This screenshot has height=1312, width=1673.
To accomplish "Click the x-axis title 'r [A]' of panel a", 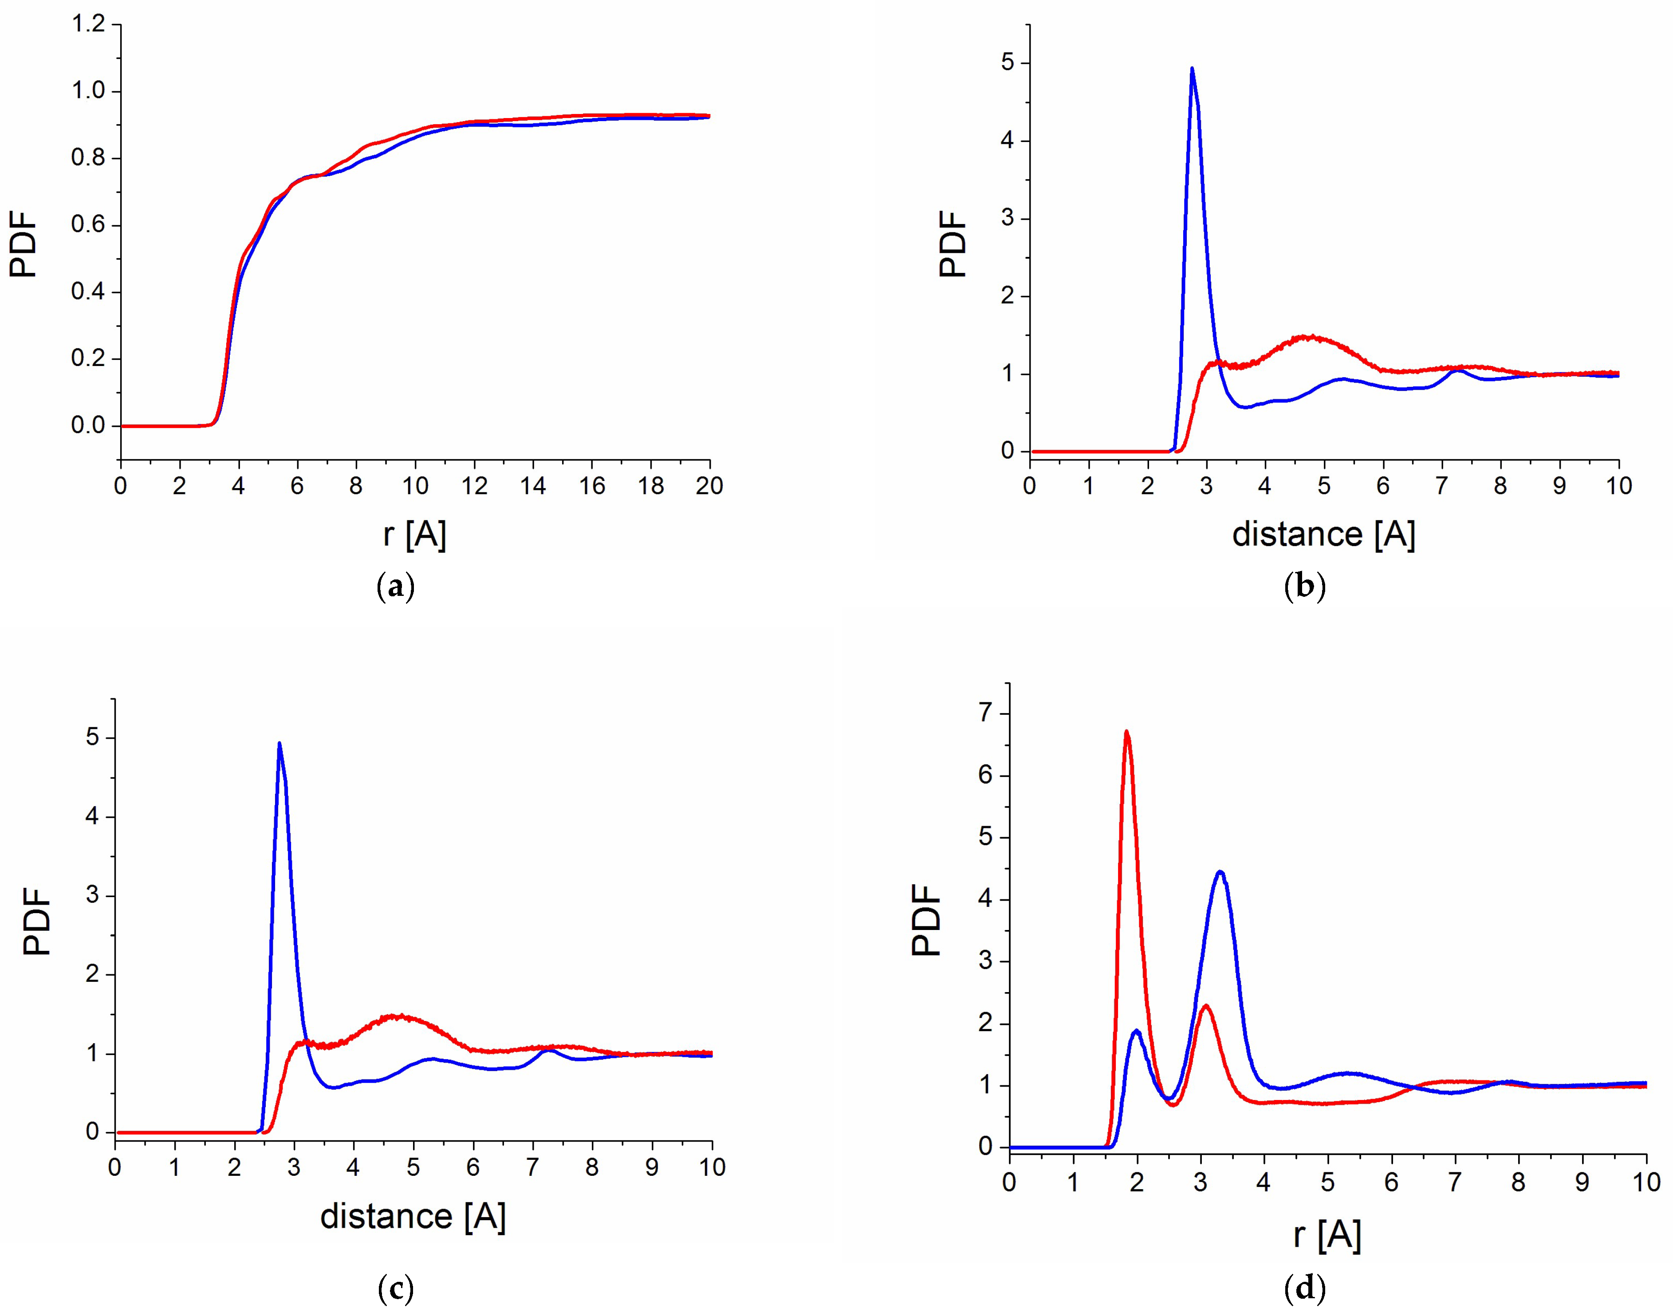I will (x=415, y=534).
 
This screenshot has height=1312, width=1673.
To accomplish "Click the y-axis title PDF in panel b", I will (x=953, y=244).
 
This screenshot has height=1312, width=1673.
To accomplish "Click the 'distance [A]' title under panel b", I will (x=1323, y=534).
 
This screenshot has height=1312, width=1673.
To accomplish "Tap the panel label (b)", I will (x=1305, y=587).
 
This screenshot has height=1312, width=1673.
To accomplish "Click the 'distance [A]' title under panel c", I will (x=413, y=1216).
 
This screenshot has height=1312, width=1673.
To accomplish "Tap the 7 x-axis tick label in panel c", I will (x=532, y=1168).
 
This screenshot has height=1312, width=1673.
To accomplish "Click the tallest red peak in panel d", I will (x=1126, y=732).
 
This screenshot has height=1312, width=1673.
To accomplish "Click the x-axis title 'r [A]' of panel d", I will (x=1327, y=1235).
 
